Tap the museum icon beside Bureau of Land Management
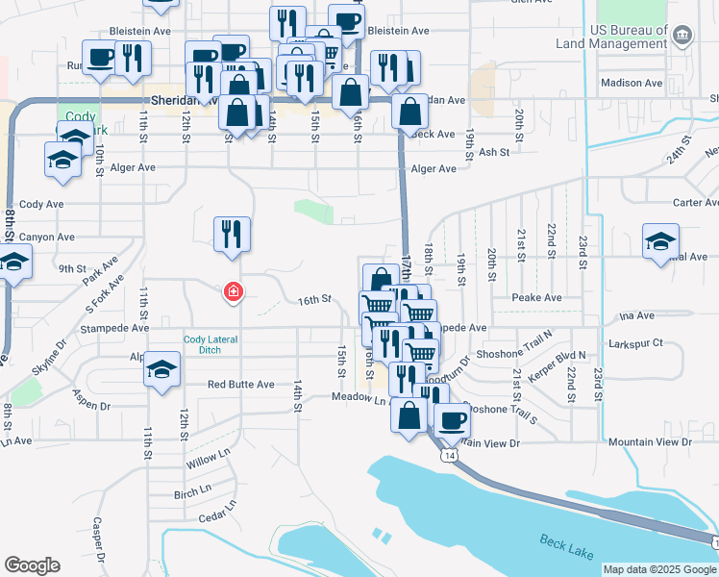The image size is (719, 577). pos(682,37)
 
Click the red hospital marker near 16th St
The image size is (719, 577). pos(232,291)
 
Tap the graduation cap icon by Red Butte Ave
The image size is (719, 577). pos(162,368)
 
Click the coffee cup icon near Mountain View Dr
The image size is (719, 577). pos(452,419)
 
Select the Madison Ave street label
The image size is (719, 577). pos(632,83)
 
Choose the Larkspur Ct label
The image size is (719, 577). pos(636,343)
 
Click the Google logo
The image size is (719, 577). pos(32,565)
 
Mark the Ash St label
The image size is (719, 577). pos(493,152)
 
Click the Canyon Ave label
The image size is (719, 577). pos(47,237)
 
